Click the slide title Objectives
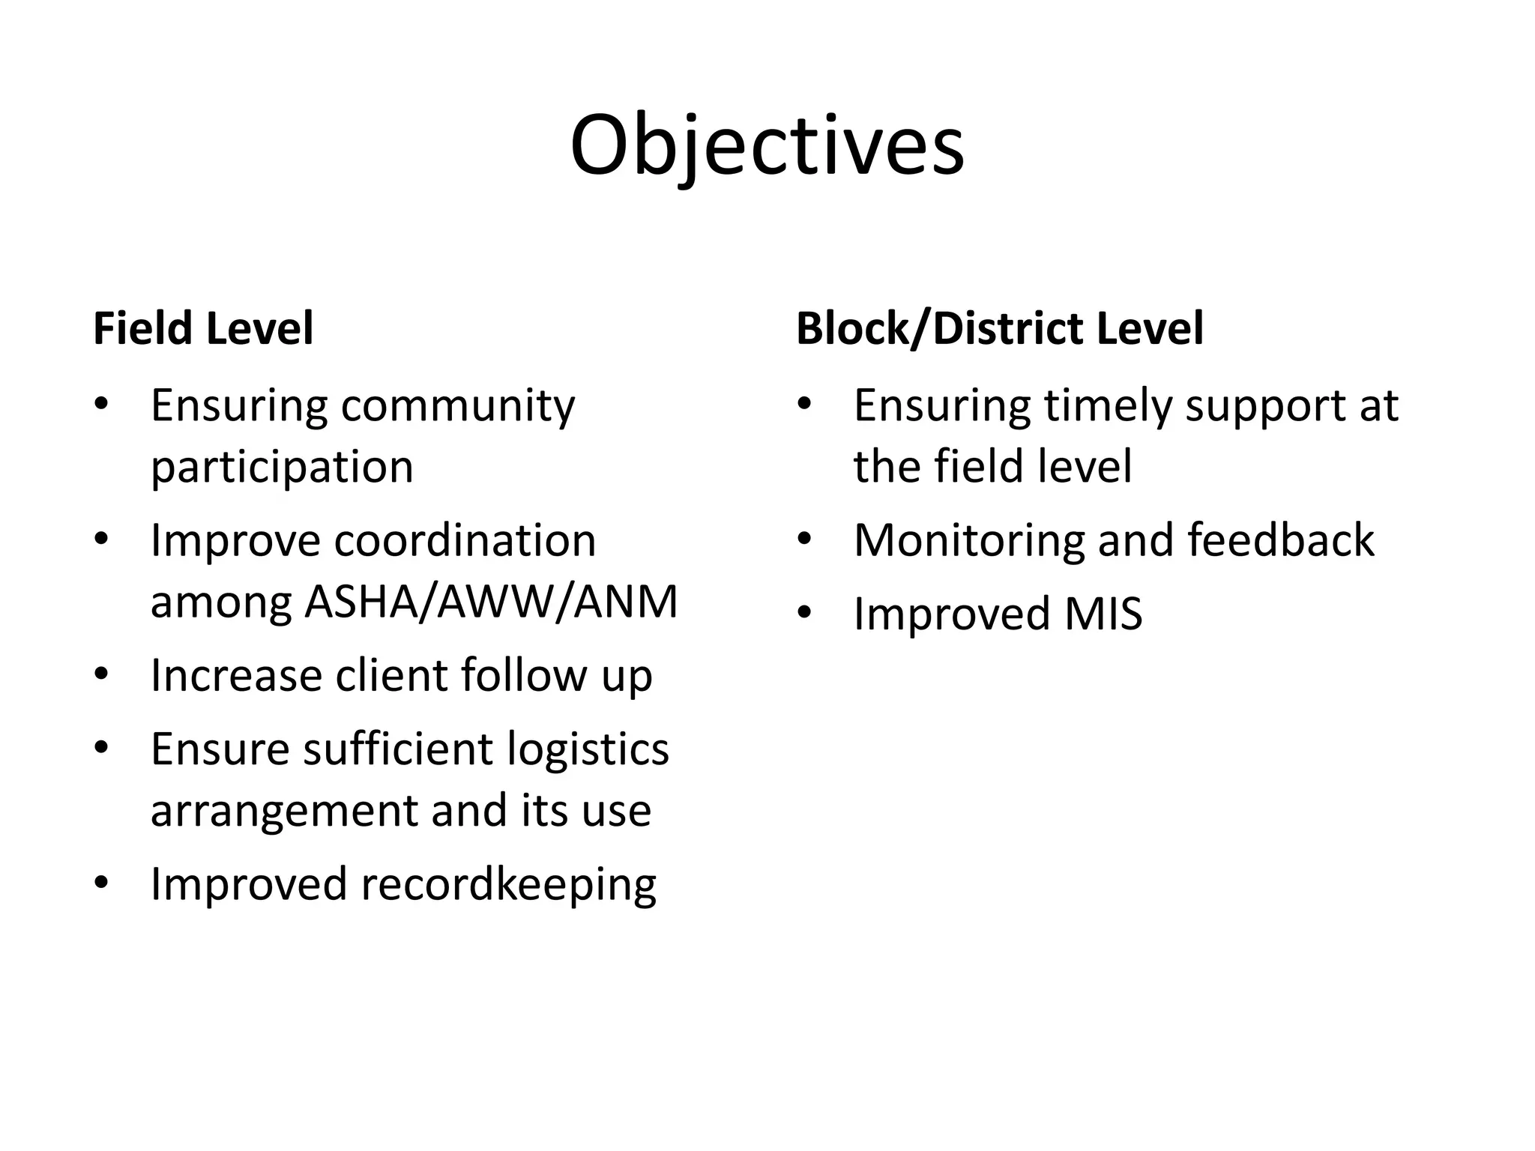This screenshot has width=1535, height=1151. tap(767, 146)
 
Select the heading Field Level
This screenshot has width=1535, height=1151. tap(203, 329)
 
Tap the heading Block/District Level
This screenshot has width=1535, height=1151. tap(999, 329)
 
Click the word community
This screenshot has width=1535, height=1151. tap(458, 407)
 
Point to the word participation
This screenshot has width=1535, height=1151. tap(282, 468)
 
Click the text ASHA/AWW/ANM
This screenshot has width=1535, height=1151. tap(491, 602)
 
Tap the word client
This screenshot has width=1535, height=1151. tap(391, 675)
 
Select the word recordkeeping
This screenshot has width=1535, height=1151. tap(508, 885)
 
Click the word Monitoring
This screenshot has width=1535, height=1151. tap(968, 540)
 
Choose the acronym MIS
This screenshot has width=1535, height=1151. tap(1103, 614)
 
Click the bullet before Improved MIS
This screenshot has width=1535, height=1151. tap(804, 614)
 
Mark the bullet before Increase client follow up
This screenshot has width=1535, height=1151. tap(101, 674)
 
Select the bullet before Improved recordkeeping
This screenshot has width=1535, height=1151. tap(101, 883)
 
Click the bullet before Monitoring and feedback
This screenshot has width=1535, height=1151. tap(804, 540)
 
